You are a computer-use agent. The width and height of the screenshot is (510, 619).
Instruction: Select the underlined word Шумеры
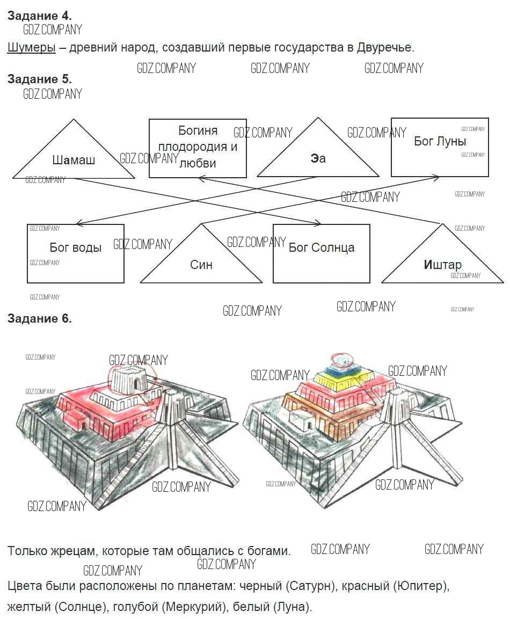click(x=31, y=47)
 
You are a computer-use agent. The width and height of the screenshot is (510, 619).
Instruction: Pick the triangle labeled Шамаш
click(x=74, y=159)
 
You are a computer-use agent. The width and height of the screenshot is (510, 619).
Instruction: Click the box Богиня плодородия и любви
click(x=198, y=148)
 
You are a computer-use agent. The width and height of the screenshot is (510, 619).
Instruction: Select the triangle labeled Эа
click(x=318, y=158)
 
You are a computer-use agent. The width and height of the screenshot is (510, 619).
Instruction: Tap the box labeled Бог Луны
click(x=440, y=147)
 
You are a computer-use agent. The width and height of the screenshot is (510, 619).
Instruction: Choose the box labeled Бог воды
click(x=76, y=253)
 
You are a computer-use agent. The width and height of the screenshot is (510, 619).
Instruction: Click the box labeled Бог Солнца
click(x=321, y=253)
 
